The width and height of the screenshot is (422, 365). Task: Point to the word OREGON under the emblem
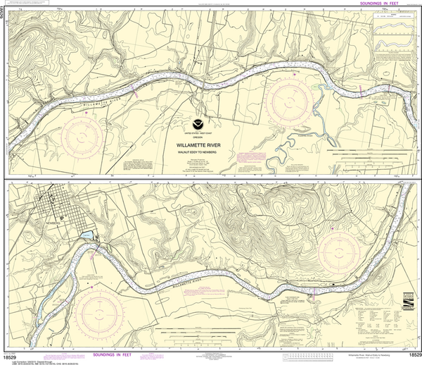tap(202, 137)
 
